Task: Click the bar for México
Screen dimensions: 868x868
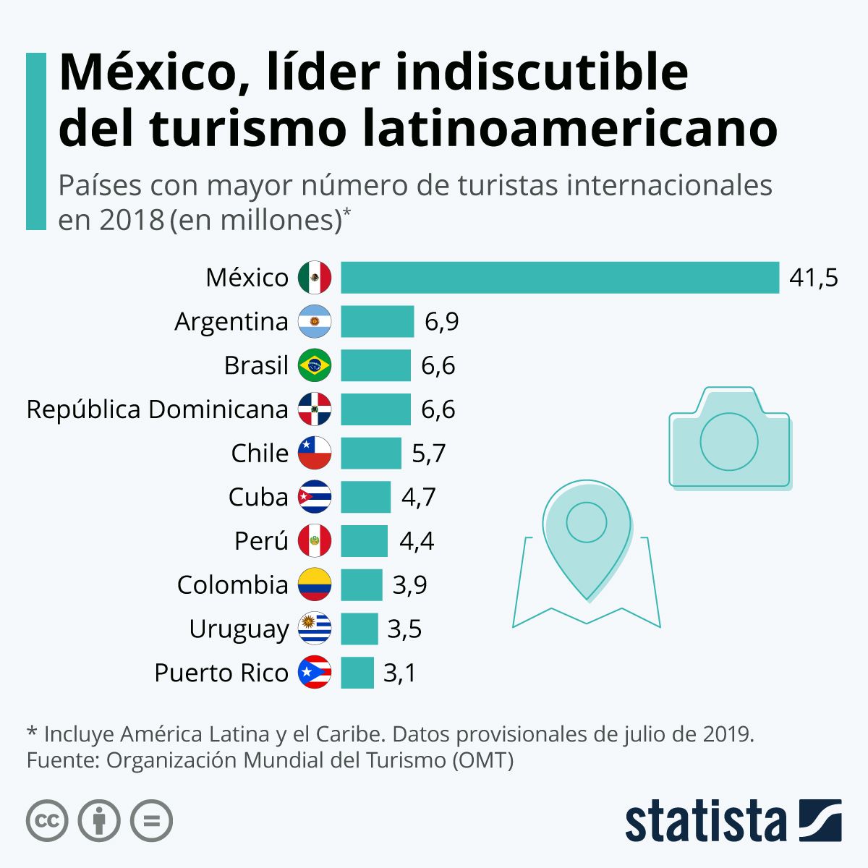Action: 560,278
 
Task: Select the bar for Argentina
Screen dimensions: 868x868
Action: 377,321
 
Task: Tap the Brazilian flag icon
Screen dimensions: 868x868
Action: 315,365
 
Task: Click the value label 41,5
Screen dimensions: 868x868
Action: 814,278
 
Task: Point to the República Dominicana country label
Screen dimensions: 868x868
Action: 157,409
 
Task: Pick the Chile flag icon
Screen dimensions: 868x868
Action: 315,453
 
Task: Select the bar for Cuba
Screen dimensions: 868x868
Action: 365,497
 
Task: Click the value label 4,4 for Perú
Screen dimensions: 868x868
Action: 417,541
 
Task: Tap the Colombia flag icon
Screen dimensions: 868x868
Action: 315,584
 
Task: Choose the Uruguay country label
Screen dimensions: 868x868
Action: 239,629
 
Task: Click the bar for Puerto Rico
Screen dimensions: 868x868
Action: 357,673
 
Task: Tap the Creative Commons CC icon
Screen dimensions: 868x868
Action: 47,821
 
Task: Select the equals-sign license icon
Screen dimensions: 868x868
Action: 151,821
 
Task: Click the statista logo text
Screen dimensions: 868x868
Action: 705,822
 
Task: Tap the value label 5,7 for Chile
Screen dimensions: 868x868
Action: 428,454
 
